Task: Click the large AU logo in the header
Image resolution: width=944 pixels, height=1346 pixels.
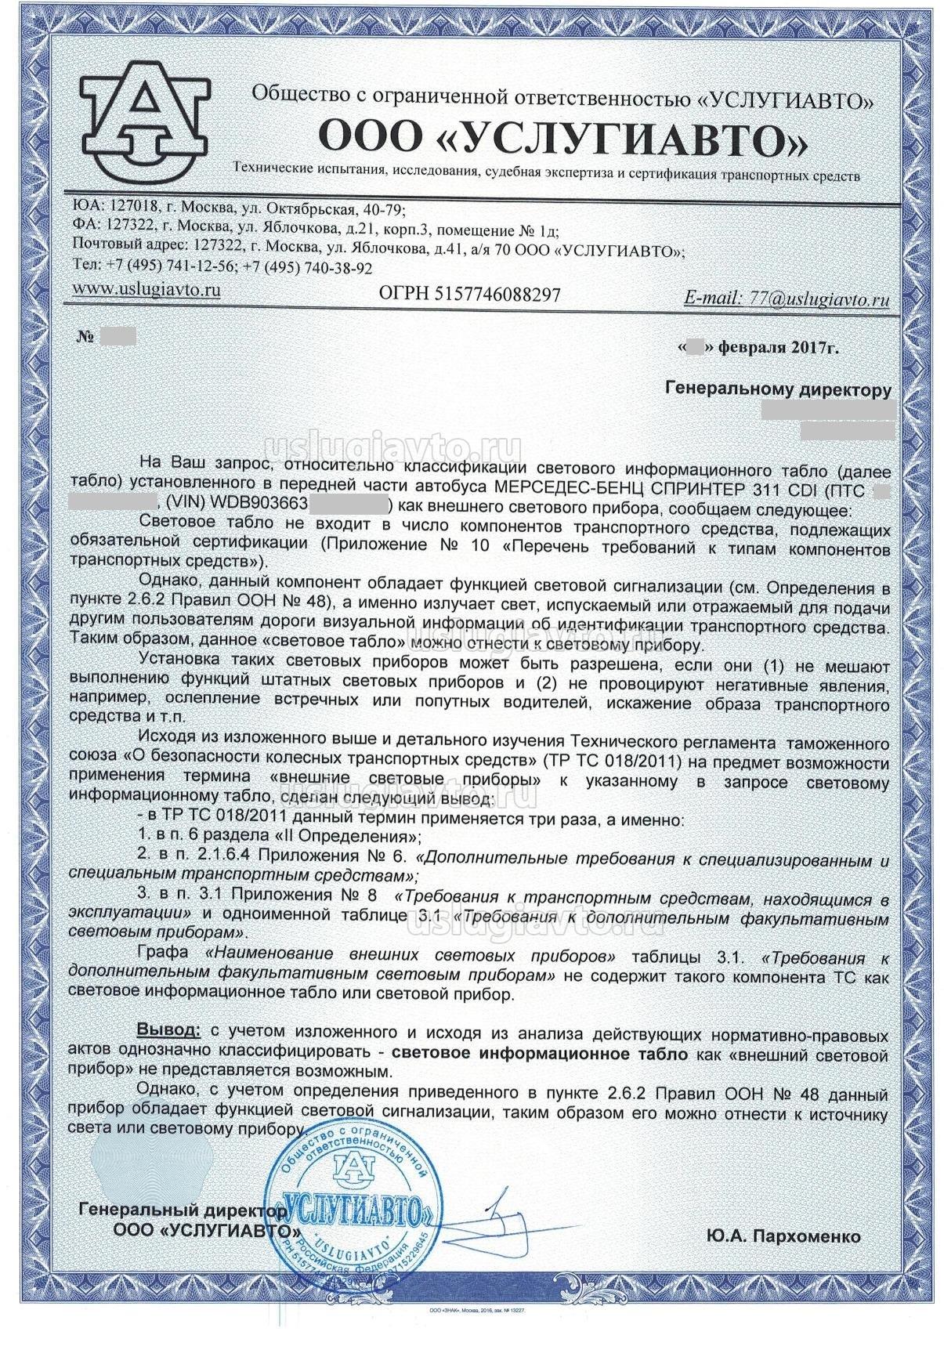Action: click(x=146, y=116)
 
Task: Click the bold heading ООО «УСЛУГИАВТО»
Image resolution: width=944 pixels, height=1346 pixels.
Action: click(x=561, y=140)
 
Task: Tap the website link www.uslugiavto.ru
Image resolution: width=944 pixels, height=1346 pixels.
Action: click(x=145, y=289)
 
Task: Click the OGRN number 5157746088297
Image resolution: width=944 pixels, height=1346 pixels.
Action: click(x=469, y=295)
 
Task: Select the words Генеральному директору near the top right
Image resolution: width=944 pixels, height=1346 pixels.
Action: click(x=777, y=389)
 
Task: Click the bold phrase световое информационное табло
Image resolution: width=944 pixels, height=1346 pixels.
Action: click(x=539, y=1055)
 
